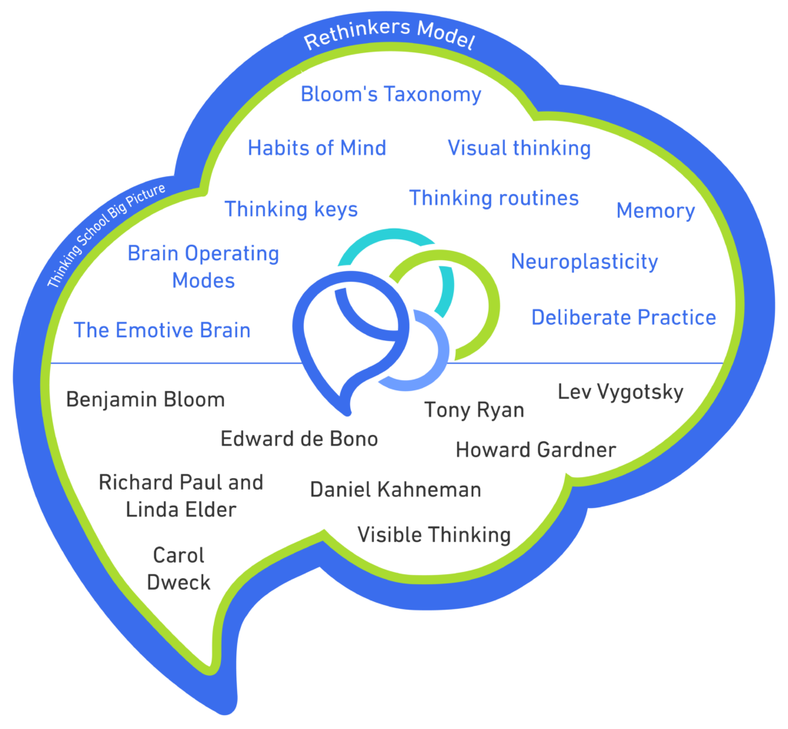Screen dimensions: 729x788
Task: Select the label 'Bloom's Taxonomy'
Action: coord(391,95)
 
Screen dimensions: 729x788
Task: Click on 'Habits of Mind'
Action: coord(317,148)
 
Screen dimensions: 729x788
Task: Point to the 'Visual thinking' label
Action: coord(519,148)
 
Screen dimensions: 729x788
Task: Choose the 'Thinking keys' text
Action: coord(291,209)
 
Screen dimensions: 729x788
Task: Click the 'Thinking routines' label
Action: coord(494,198)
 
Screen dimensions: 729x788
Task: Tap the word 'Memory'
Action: coord(656,211)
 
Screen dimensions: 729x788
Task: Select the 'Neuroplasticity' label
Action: coord(585,262)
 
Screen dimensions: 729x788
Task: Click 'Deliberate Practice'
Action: coord(623,317)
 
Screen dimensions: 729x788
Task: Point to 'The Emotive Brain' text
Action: coord(162,330)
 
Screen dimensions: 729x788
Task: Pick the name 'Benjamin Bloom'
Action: coord(145,400)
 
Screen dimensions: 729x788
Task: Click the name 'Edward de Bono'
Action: coord(299,439)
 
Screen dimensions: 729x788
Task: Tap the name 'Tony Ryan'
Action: coord(474,410)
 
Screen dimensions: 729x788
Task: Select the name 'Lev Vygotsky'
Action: coord(620,392)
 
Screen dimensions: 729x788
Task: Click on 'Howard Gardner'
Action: coord(536,450)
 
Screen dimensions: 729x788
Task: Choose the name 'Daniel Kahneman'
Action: coord(396,489)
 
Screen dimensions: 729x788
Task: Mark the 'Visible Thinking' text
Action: coord(434,534)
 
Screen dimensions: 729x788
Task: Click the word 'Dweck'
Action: coord(179,582)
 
